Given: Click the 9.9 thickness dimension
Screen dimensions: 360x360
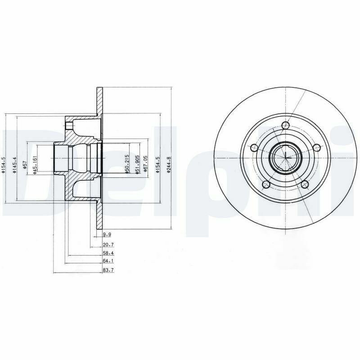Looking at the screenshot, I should (x=107, y=234).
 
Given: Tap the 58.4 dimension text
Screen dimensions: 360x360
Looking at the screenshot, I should (x=108, y=253).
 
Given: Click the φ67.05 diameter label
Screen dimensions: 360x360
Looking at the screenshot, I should (x=145, y=165).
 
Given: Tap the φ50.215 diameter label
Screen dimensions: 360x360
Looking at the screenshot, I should (x=127, y=165).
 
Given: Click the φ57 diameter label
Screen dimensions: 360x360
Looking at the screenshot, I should (x=25, y=165).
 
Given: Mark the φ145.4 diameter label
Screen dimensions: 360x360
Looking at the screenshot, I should (x=15, y=165).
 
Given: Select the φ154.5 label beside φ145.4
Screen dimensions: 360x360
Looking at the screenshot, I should (x=3, y=165).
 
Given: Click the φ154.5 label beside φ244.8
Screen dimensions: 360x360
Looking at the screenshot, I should (x=157, y=165).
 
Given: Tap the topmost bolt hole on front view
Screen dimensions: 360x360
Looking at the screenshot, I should (x=285, y=126).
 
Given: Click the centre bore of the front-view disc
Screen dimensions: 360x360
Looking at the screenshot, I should (x=286, y=157).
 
